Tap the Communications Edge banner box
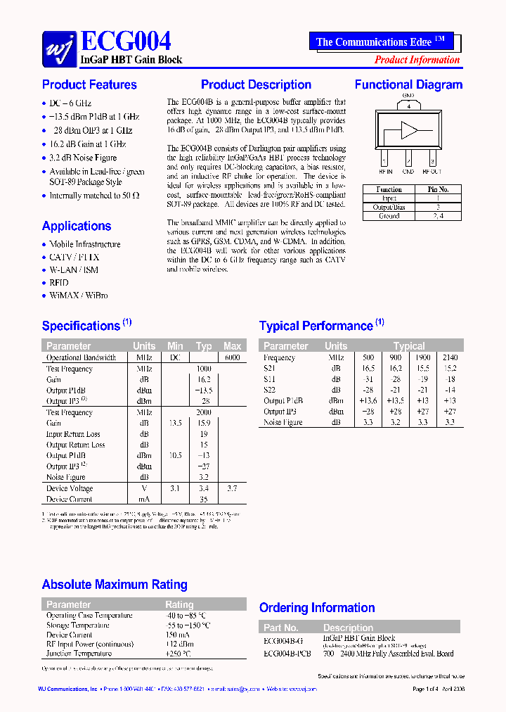(x=380, y=42)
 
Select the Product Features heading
(x=89, y=84)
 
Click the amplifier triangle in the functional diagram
(x=409, y=130)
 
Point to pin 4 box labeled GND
(x=408, y=106)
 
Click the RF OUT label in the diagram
(x=432, y=171)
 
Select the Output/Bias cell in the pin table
(x=389, y=208)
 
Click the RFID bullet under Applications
(x=59, y=283)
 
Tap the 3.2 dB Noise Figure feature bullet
(x=83, y=158)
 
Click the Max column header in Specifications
(x=232, y=346)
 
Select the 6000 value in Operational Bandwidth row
(x=232, y=357)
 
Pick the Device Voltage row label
(x=70, y=488)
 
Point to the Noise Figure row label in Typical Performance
(x=283, y=422)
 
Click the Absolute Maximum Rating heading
(x=115, y=585)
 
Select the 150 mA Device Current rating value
(x=179, y=635)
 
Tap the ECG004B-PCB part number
(x=287, y=654)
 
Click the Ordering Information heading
(x=317, y=608)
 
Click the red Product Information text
(x=417, y=60)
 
